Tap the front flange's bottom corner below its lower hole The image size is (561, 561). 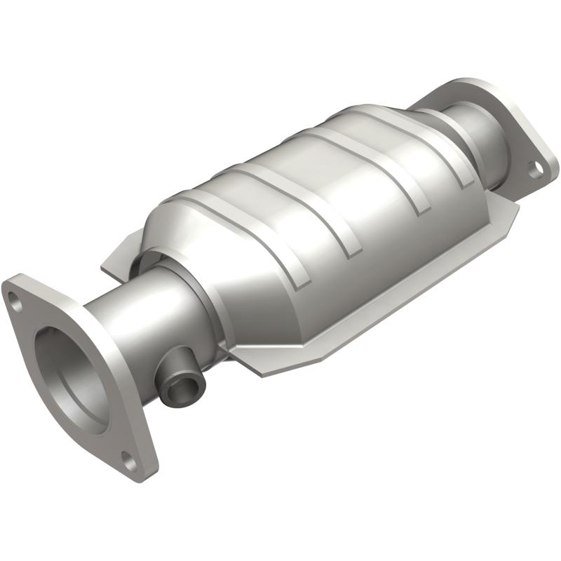(144, 470)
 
